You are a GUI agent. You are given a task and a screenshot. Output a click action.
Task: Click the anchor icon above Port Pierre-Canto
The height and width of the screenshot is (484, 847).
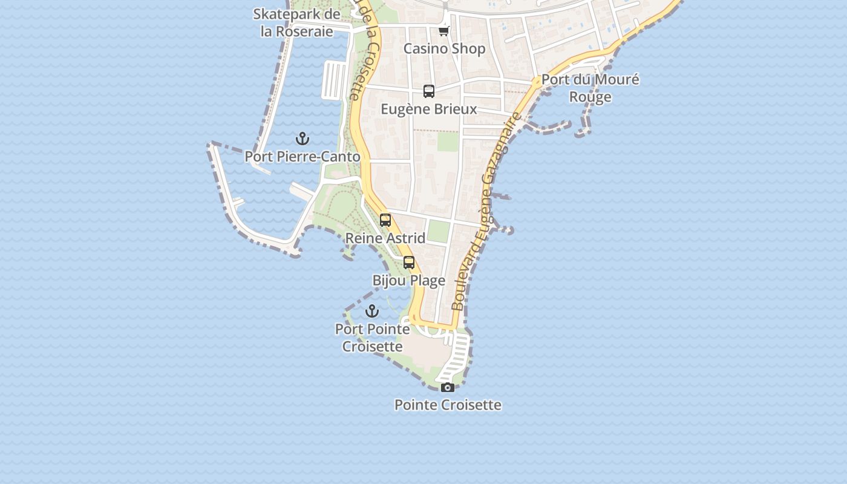coord(302,139)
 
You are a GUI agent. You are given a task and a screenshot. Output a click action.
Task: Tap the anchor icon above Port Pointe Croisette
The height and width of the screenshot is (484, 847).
coord(372,312)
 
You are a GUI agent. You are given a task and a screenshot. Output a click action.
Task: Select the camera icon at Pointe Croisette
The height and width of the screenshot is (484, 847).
coord(448,387)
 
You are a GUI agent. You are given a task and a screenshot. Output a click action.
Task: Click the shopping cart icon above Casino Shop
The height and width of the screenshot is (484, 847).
coord(444,31)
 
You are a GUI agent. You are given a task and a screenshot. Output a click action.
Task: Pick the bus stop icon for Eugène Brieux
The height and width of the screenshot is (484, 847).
coord(429,91)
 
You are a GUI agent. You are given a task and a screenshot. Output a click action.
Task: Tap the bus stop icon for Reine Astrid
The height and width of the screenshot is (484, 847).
coord(385,220)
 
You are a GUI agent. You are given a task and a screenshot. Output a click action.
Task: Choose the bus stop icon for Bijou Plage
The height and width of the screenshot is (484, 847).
coord(409,263)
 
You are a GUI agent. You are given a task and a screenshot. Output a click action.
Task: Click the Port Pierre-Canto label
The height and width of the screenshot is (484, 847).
coord(302,157)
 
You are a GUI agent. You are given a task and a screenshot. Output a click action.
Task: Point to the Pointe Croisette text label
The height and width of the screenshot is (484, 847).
coord(448,405)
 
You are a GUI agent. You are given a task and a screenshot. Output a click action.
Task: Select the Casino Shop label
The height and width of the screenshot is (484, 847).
coord(444,48)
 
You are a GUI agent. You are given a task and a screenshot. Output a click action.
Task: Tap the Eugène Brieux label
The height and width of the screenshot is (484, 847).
coord(429,109)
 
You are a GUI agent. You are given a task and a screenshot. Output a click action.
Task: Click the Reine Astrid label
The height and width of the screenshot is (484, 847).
coord(385,238)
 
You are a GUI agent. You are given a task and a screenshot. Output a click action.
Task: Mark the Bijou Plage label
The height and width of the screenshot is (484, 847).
coord(409,280)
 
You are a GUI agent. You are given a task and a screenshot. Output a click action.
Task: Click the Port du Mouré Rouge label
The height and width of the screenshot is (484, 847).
coord(590,88)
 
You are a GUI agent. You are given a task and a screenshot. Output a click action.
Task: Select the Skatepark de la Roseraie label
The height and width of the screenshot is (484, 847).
coord(296,22)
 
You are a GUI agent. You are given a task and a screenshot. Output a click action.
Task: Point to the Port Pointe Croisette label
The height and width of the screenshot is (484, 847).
coord(372,338)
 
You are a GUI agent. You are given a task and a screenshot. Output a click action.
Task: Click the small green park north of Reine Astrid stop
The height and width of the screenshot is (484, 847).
coord(439,231)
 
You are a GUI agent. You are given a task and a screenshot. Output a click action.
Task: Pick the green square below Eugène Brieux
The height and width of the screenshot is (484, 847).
coord(448,142)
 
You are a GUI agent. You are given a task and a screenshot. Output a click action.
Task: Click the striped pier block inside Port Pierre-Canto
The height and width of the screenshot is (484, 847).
coord(333,79)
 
